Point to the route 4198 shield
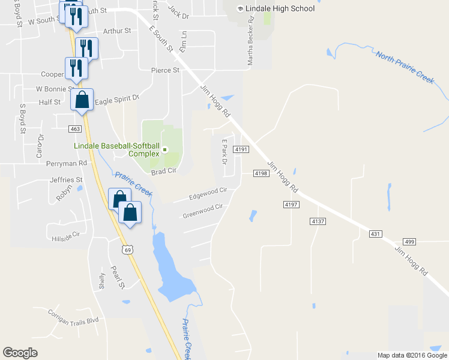coord(260,173)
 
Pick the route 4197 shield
coord(291,205)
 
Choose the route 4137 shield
coord(318,221)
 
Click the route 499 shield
coord(410,241)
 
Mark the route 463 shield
coord(75,129)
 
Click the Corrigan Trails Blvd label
coord(75,322)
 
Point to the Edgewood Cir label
coord(208,193)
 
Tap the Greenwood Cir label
coord(202,211)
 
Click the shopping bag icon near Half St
coord(82,100)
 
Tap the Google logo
coord(20,353)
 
